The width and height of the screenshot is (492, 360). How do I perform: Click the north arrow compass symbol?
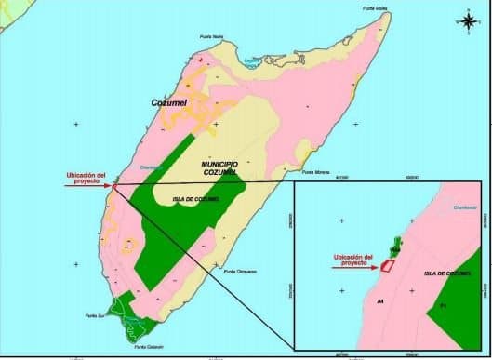467,19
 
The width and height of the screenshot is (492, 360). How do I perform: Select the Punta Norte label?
212,37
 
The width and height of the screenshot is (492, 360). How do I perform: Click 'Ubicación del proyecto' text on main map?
86,175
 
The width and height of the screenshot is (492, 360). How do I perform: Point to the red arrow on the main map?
87,185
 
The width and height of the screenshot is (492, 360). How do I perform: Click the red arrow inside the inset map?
353,268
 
